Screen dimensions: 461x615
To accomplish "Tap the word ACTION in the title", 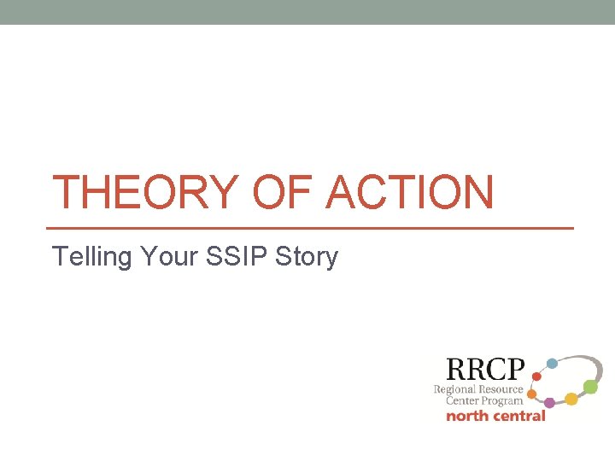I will click(x=410, y=192).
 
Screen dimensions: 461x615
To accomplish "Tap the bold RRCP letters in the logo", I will click(x=484, y=370).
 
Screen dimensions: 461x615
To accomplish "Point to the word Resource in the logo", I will click(x=501, y=389).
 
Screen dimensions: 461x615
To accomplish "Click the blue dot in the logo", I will click(x=552, y=363).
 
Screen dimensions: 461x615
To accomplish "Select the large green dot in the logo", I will click(x=590, y=387).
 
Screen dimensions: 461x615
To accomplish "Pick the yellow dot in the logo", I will click(x=571, y=399).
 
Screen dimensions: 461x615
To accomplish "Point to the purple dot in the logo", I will click(x=549, y=402).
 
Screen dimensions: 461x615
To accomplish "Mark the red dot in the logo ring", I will click(x=536, y=376).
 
